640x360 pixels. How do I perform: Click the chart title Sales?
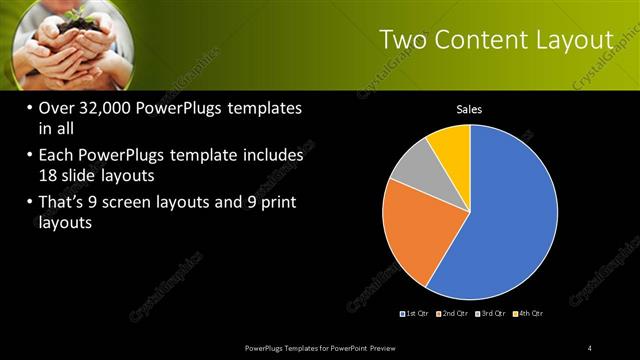470,108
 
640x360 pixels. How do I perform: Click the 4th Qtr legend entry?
528,315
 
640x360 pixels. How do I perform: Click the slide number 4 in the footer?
590,347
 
